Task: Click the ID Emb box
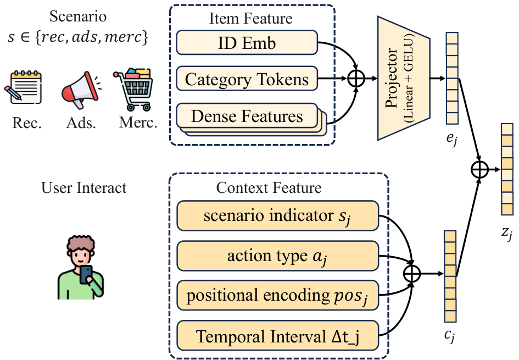tap(247, 43)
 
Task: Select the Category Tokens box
tap(247, 79)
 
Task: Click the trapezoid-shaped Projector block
tap(404, 78)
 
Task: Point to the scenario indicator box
tap(277, 215)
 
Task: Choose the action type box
tap(277, 256)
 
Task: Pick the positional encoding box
tap(277, 295)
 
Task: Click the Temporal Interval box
tap(277, 335)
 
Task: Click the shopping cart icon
tap(133, 90)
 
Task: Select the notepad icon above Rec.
tap(23, 87)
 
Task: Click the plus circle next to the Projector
tap(356, 79)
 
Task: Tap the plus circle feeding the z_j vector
tap(479, 170)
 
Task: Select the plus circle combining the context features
tap(412, 274)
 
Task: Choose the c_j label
tap(449, 335)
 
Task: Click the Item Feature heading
tap(251, 18)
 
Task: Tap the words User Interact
tap(83, 188)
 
